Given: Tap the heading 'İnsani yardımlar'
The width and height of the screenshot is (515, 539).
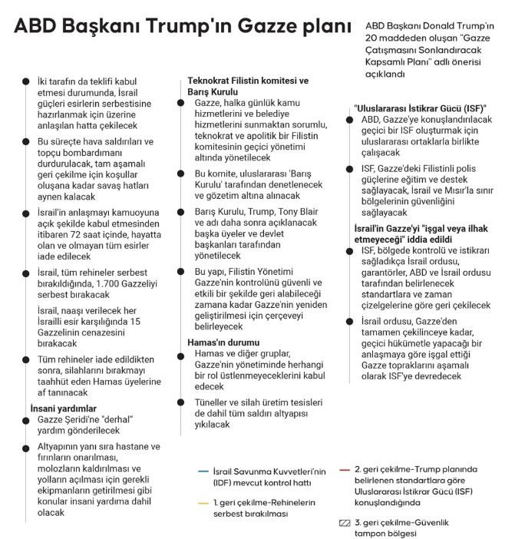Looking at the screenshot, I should point(63,408).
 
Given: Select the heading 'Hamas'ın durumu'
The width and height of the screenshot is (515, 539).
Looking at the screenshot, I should point(223,342).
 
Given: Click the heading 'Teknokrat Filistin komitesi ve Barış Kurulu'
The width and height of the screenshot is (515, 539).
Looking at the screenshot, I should point(247,86).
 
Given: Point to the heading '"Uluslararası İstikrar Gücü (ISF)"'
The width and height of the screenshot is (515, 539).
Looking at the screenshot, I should point(421,108).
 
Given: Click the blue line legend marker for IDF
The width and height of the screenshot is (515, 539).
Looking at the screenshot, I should point(202,471).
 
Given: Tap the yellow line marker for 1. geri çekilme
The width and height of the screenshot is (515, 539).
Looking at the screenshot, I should point(202,502).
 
